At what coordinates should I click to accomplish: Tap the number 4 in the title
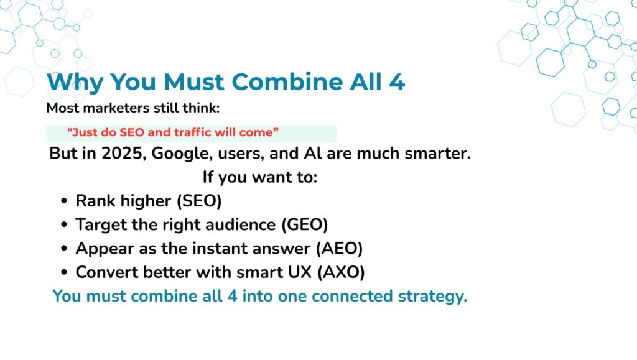coord(397,82)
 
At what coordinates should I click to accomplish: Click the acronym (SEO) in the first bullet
coord(199,201)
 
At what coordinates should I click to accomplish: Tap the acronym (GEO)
coord(305,225)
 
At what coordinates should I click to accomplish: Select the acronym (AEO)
coord(339,249)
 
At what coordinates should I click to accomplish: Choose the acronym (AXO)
coord(341,272)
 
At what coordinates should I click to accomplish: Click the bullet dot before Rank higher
coord(64,201)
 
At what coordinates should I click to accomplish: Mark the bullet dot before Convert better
coord(64,272)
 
